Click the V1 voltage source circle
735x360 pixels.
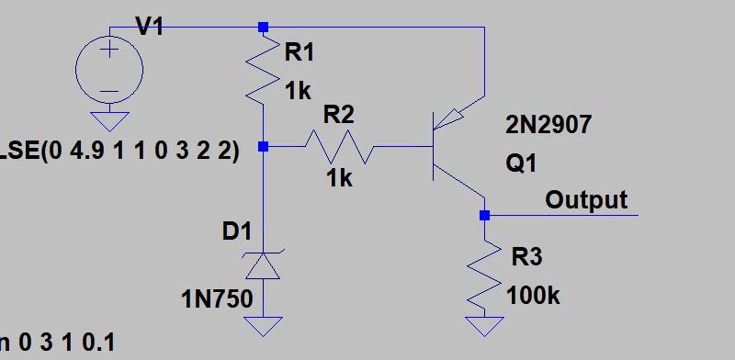[108, 68]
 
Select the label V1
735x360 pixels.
[151, 28]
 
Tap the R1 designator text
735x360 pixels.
[300, 53]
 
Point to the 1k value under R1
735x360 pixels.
[300, 90]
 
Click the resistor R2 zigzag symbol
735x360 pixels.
[339, 145]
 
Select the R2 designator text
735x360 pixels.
[339, 113]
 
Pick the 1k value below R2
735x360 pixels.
[339, 178]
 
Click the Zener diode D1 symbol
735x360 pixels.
[264, 264]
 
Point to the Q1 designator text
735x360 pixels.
[521, 163]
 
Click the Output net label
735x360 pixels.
[586, 199]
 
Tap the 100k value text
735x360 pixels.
[533, 296]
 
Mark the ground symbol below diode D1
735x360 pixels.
[264, 326]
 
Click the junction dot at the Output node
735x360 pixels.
[485, 216]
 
